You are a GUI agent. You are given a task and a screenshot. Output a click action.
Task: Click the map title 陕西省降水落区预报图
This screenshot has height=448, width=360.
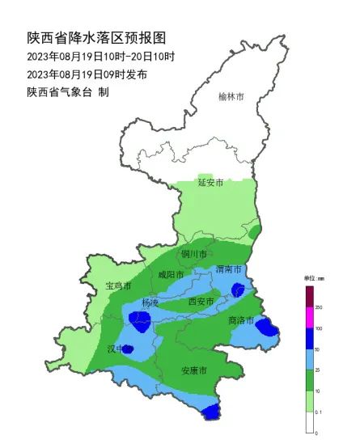95,37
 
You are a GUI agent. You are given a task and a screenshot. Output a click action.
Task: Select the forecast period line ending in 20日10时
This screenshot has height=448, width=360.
100,57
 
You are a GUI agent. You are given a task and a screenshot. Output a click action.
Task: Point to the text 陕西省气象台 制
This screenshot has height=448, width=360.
67,92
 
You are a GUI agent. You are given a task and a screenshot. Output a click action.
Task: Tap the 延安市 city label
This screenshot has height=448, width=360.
210,183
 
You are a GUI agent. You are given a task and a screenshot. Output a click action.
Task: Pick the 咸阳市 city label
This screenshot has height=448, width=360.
171,275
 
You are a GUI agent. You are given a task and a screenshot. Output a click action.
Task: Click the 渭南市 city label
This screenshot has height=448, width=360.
230,269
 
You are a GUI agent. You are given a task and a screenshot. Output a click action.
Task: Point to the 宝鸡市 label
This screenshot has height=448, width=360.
119,286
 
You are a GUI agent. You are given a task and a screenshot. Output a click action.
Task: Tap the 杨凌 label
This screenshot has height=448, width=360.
150,302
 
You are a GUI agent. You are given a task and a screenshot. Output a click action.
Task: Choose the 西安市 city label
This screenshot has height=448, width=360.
200,302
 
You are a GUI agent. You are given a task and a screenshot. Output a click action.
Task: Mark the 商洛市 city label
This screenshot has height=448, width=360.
241,320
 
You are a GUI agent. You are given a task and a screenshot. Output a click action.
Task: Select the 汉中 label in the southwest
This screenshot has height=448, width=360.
119,349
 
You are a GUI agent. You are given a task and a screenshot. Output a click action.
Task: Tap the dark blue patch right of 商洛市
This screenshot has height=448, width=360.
266,326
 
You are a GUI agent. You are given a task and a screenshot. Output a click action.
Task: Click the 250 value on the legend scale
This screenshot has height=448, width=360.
320,308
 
